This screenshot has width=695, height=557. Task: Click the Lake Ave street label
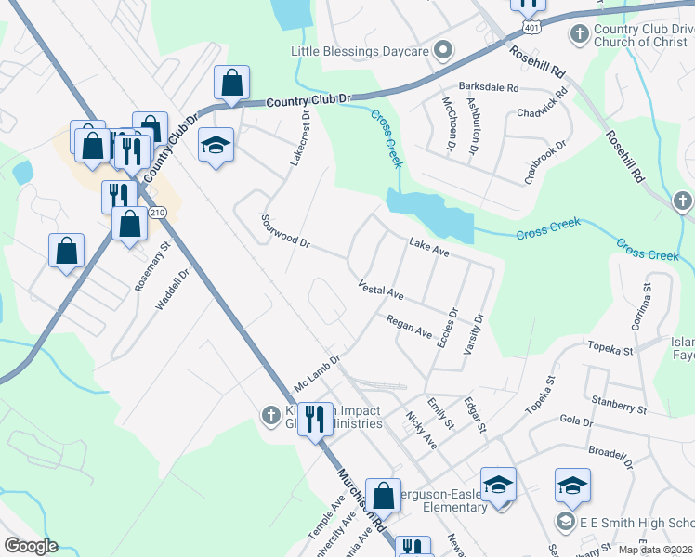[x=429, y=246]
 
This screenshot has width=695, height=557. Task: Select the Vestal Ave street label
[x=381, y=290]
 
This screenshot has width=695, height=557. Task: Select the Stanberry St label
[x=616, y=407]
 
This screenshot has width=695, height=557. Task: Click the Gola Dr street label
[x=576, y=421]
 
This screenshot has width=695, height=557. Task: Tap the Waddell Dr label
[x=177, y=288]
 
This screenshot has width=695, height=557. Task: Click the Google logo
[x=31, y=546]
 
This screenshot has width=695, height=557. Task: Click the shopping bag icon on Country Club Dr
[x=231, y=84]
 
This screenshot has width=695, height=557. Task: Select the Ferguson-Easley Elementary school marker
[x=498, y=486]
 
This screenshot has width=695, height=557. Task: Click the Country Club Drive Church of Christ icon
[x=579, y=34]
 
